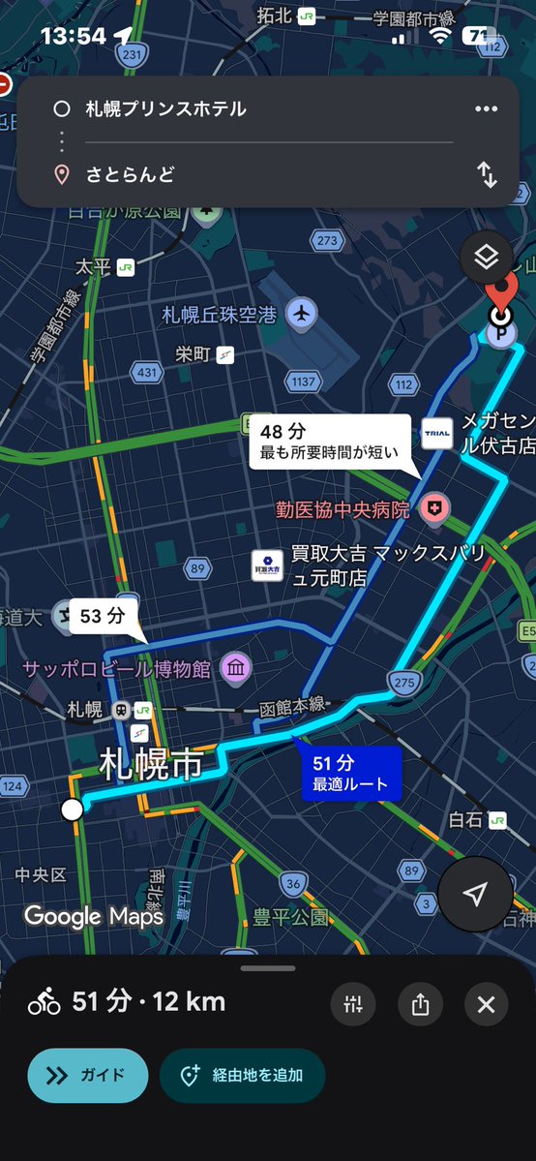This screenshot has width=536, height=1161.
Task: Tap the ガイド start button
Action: pyautogui.click(x=87, y=1075)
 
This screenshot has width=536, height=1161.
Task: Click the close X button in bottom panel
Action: pyautogui.click(x=486, y=1004)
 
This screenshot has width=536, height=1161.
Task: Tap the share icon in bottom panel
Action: pyautogui.click(x=420, y=1004)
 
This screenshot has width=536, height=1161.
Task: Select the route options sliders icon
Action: pyautogui.click(x=353, y=1004)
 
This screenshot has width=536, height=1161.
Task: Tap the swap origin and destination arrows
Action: pyautogui.click(x=487, y=175)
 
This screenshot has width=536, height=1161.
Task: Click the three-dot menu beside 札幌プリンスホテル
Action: pyautogui.click(x=486, y=108)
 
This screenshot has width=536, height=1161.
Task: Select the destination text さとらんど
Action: pyautogui.click(x=131, y=175)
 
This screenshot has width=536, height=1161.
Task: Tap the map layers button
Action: pyautogui.click(x=486, y=257)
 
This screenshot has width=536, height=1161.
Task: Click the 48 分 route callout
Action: pyautogui.click(x=329, y=442)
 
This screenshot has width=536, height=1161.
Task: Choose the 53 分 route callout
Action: pyautogui.click(x=103, y=616)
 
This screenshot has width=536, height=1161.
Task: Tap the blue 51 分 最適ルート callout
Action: pyautogui.click(x=349, y=774)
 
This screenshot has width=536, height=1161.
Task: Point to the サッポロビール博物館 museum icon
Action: pyautogui.click(x=236, y=667)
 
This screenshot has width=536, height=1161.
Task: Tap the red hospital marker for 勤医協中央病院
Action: pyautogui.click(x=437, y=507)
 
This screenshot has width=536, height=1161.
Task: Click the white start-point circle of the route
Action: pyautogui.click(x=72, y=810)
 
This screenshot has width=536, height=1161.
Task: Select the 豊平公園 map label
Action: pyautogui.click(x=290, y=916)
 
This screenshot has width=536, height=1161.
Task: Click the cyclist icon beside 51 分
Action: pyautogui.click(x=45, y=1003)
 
